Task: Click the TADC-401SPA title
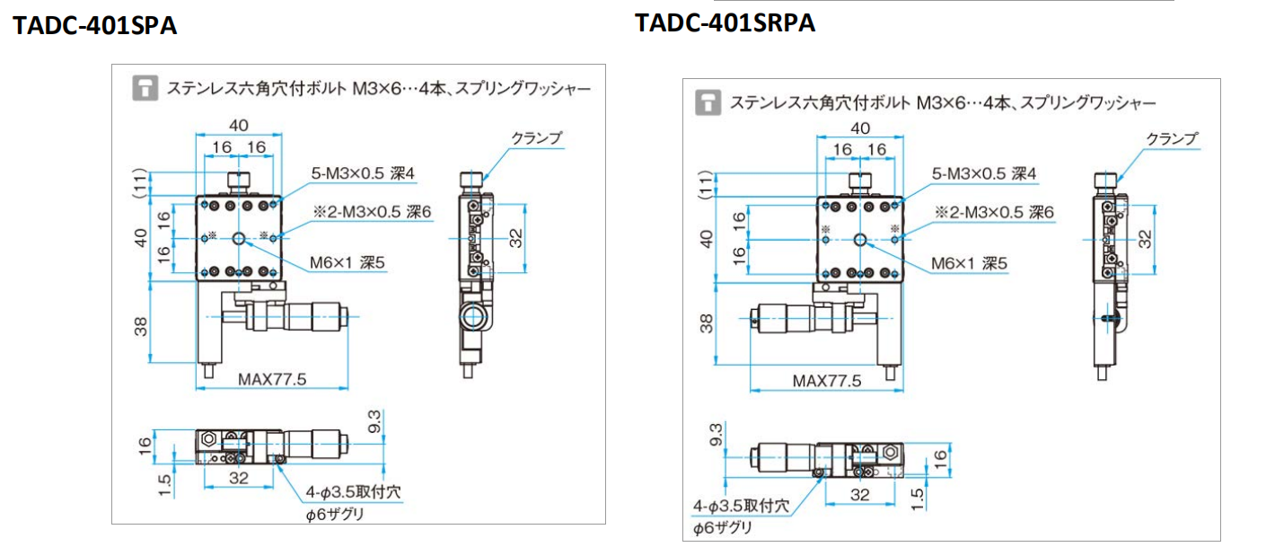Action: coord(94,26)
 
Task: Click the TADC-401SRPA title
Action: coord(725,22)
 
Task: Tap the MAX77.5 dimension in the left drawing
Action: coord(272,379)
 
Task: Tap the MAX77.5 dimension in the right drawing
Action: coord(826,381)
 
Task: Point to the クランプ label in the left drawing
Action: coord(536,137)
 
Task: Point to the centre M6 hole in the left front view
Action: coord(239,238)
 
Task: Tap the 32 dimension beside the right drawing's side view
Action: coord(1145,238)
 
